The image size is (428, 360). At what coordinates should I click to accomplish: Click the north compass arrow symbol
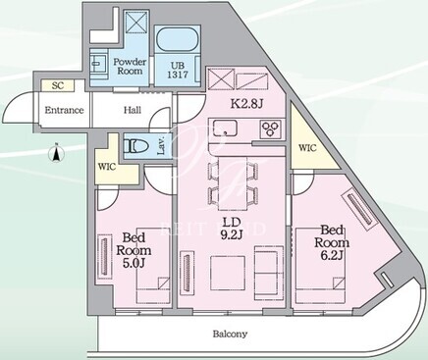(x=56, y=153)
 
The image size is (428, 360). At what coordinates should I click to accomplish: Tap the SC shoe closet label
(x=58, y=85)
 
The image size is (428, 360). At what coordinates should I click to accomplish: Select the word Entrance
(x=64, y=110)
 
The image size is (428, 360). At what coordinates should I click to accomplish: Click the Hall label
(x=133, y=110)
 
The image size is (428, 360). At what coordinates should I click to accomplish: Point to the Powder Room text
(x=130, y=67)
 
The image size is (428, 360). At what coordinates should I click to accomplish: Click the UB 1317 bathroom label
(x=178, y=70)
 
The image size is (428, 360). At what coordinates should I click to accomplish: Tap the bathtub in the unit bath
(x=178, y=39)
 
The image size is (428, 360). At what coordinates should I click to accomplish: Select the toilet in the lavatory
(x=134, y=145)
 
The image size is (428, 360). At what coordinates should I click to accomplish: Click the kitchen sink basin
(x=225, y=129)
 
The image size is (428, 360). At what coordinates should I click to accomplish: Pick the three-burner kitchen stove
(x=271, y=129)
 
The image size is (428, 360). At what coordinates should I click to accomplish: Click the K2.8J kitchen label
(x=247, y=104)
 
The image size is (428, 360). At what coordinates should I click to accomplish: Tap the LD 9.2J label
(x=232, y=229)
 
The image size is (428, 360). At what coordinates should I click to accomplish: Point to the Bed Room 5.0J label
(x=134, y=250)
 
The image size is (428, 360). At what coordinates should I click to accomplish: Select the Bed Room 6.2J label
(x=332, y=242)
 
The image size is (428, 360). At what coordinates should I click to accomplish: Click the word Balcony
(x=230, y=334)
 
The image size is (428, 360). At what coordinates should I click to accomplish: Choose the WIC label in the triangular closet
(x=307, y=148)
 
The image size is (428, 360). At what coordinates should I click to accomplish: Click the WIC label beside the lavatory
(x=107, y=167)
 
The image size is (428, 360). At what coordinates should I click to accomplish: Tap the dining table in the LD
(x=234, y=183)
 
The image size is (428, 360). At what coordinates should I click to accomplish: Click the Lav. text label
(x=161, y=145)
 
